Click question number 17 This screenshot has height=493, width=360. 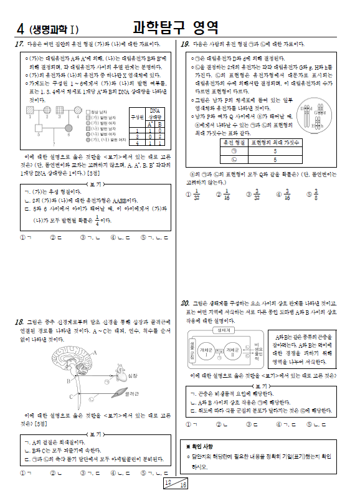[19, 44]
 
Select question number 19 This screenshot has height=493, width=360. [185, 44]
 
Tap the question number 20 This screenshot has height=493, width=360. [185, 304]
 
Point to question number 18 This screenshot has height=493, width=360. [19, 322]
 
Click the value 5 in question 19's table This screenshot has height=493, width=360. [275, 159]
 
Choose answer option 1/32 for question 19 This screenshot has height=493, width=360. [197, 194]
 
